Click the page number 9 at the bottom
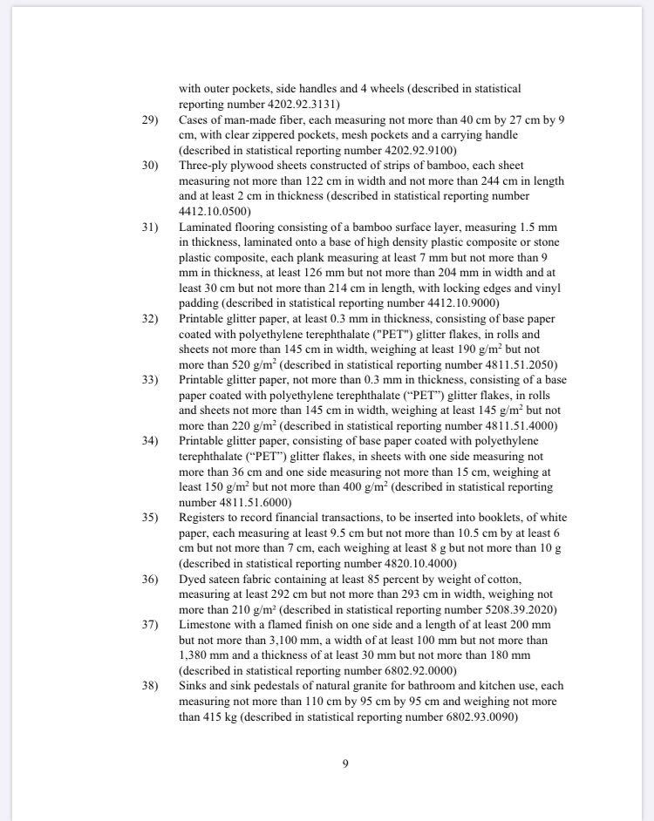coord(345,764)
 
